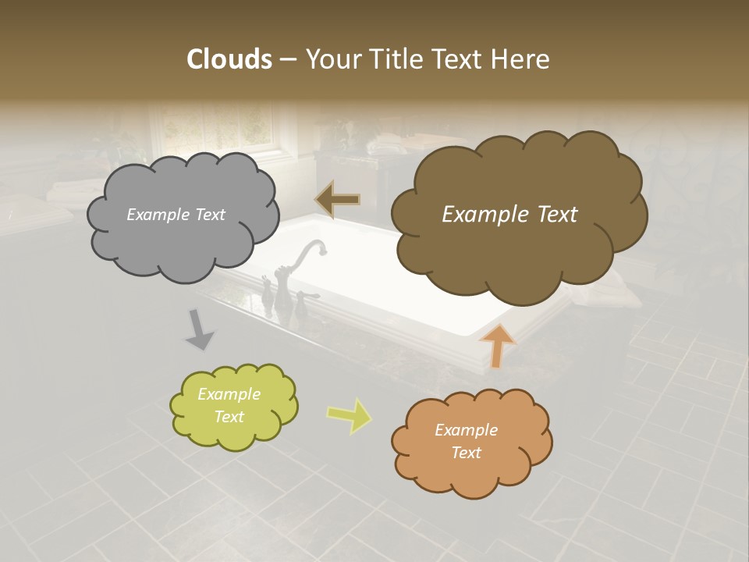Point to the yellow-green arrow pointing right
(x=349, y=415)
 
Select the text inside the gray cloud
(x=176, y=215)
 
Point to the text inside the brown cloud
(x=509, y=215)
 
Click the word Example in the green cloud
(x=229, y=394)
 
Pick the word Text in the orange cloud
(x=466, y=453)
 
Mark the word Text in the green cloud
(x=229, y=417)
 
